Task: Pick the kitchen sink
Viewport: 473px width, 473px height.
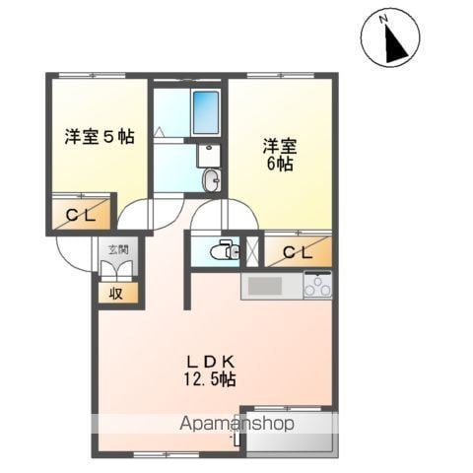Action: (x=265, y=286)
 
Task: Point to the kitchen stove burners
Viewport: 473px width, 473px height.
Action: (x=317, y=286)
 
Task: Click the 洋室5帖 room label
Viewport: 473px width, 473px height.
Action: (x=100, y=138)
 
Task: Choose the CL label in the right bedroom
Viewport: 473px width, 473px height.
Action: (x=297, y=252)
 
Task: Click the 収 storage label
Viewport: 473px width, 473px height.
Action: (x=117, y=293)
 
